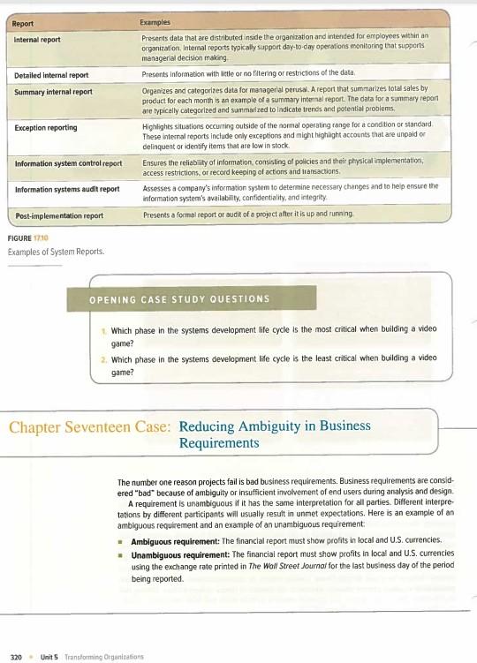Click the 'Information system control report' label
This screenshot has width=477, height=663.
[67, 164]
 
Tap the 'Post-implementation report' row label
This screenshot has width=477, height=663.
[59, 215]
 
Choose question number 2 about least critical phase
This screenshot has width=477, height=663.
[278, 366]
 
